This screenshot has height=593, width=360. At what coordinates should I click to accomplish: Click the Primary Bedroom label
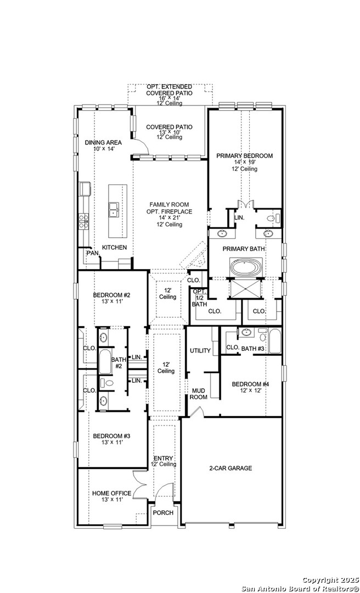(x=244, y=156)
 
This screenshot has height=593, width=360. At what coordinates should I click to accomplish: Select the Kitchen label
(x=114, y=247)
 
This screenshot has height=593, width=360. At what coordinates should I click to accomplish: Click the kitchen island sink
(x=114, y=209)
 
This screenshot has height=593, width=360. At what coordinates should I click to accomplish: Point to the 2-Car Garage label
(x=230, y=468)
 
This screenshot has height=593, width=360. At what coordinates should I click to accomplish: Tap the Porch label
(x=163, y=513)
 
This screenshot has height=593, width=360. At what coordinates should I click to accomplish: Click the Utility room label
(x=200, y=350)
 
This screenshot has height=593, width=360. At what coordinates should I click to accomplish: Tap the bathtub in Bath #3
(x=274, y=341)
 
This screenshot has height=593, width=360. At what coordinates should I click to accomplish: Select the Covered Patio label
(x=169, y=127)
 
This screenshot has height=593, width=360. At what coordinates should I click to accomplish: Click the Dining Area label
(x=103, y=143)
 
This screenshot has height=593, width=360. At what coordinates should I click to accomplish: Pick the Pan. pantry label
(x=93, y=253)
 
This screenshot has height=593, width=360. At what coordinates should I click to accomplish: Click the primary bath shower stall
(x=246, y=288)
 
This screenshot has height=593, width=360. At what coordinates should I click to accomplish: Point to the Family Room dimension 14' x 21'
(x=170, y=218)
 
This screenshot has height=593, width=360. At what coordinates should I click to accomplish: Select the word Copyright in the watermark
(x=319, y=580)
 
